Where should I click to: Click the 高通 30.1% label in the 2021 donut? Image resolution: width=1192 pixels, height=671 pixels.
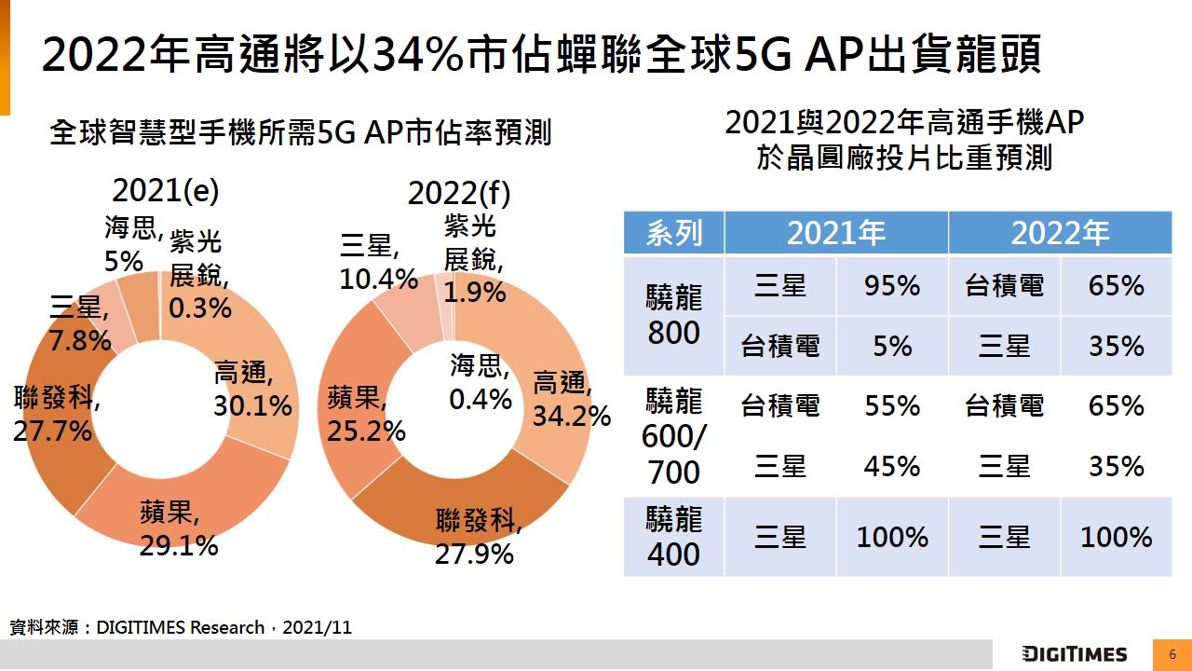click(252, 390)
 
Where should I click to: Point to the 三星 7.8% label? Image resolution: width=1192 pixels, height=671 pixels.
click(80, 325)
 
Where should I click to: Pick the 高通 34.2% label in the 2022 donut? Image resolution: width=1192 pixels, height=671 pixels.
click(571, 399)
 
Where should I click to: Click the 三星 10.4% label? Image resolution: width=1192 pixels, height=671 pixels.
click(378, 263)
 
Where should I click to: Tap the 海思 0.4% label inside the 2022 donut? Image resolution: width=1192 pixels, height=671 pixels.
click(481, 383)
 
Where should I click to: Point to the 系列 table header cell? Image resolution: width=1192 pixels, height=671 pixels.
click(674, 233)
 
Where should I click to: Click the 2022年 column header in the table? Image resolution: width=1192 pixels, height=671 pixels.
click(1060, 233)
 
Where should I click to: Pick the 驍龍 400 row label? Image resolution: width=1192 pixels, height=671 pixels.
click(673, 538)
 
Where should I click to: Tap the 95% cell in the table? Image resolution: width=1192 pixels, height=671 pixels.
click(891, 286)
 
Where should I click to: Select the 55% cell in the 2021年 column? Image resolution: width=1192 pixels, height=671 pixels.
click(891, 406)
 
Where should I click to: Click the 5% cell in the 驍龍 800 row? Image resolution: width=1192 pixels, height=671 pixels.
click(891, 347)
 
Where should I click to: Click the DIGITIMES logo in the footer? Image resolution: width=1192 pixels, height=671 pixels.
click(1074, 654)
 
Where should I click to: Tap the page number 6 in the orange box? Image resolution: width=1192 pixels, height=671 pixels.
click(1172, 654)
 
